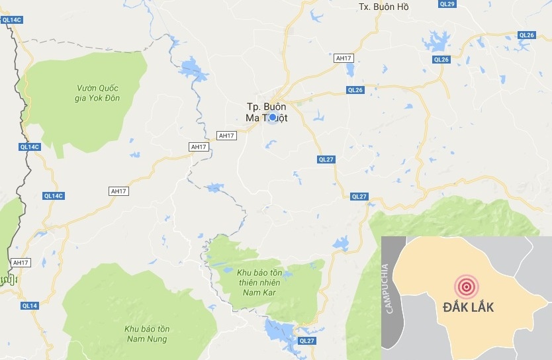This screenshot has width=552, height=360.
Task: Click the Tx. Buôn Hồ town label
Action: coord(383,7)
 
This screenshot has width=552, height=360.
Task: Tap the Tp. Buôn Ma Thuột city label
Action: coord(271,111)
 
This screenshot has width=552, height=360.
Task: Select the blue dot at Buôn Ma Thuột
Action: coord(273,116)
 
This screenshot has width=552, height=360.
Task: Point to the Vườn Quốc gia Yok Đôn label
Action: coord(101,93)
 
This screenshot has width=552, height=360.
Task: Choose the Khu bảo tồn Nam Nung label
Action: coord(147,334)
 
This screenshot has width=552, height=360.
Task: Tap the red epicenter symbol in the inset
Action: coord(465,287)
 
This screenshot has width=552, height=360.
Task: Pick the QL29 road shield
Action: coord(466,4)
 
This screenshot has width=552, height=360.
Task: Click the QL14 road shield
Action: coord(30,305)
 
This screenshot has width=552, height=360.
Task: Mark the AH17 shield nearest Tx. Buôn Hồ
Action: coord(343,58)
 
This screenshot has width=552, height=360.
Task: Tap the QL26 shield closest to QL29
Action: coord(526,35)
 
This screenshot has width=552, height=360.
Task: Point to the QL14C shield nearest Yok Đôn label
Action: coord(30,147)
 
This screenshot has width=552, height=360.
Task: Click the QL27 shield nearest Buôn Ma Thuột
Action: coord(326,159)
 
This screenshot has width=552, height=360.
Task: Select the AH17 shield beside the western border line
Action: coord(21,263)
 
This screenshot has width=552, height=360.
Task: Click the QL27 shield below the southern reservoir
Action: coord(307,341)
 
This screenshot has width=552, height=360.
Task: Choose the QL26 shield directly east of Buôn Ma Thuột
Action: coord(355,90)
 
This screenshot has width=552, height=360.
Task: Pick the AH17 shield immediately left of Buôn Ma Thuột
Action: coord(226,136)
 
